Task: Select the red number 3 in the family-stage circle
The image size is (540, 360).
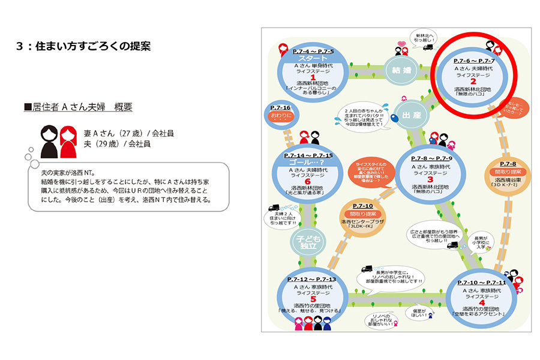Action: click(430, 179)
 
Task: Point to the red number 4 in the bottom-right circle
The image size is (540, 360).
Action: click(481, 302)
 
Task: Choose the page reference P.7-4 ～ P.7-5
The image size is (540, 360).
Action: click(313, 52)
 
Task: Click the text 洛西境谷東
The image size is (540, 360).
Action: click(508, 179)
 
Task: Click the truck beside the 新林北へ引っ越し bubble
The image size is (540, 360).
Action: click(428, 47)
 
